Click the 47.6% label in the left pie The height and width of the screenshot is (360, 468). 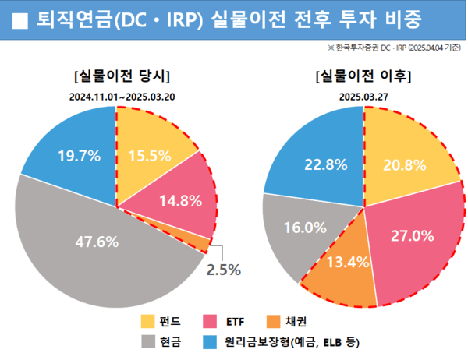(97, 242)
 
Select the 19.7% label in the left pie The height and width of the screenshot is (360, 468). (79, 156)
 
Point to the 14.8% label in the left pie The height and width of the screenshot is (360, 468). (179, 200)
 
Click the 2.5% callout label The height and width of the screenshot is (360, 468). (223, 270)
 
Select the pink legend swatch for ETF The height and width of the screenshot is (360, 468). (209, 321)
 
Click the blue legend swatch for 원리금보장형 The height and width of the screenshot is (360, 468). (209, 341)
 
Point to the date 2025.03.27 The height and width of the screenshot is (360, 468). (363, 97)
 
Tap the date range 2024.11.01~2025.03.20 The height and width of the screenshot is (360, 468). (121, 97)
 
